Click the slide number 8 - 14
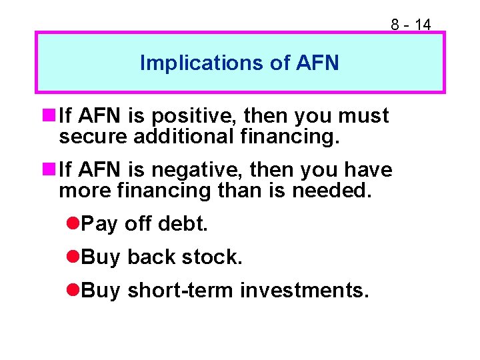tap(411, 25)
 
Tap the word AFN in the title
tap(316, 63)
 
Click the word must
tap(363, 116)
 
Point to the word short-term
tap(181, 291)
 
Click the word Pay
tap(99, 225)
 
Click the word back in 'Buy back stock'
tap(151, 257)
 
